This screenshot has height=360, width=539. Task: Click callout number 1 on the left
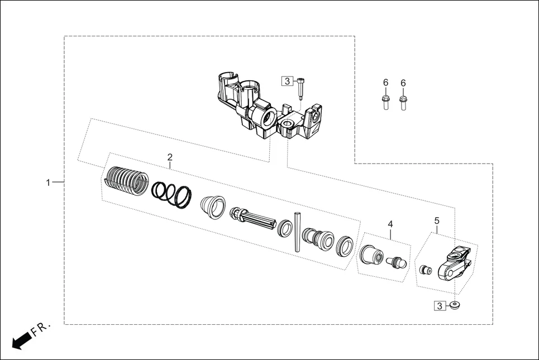49,183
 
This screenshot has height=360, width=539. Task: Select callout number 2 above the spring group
170,158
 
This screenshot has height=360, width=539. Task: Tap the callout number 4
390,224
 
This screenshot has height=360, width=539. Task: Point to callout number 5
437,220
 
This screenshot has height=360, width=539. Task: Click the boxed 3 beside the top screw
287,81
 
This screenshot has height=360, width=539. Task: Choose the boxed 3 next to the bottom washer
440,306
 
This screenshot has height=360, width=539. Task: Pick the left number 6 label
385,83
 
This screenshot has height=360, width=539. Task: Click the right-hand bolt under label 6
403,102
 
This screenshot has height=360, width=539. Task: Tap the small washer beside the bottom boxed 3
456,305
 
